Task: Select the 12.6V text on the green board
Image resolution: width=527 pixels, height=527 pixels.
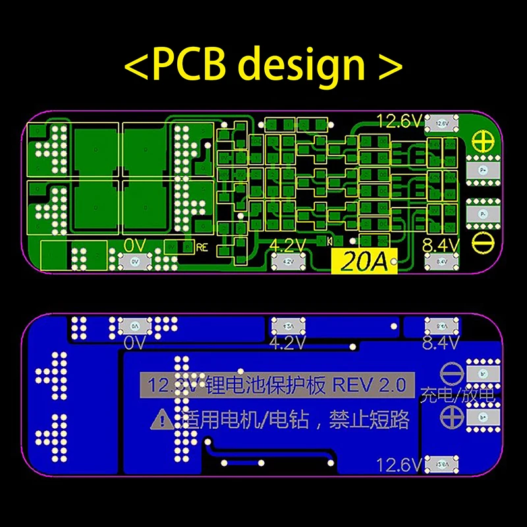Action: tap(399, 121)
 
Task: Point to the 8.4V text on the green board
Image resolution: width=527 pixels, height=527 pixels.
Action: tap(439, 246)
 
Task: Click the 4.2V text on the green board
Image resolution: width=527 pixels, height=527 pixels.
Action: tap(288, 246)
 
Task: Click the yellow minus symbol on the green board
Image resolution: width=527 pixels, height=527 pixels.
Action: tap(484, 241)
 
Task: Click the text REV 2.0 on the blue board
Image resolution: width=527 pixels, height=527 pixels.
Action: tap(370, 385)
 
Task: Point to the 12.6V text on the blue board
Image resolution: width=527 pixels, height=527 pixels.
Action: tap(399, 466)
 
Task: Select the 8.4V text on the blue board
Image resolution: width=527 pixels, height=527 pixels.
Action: tap(439, 343)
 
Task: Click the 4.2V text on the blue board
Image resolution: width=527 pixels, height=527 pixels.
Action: tap(288, 343)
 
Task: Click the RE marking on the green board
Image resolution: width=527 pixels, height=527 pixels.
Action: tap(202, 248)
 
